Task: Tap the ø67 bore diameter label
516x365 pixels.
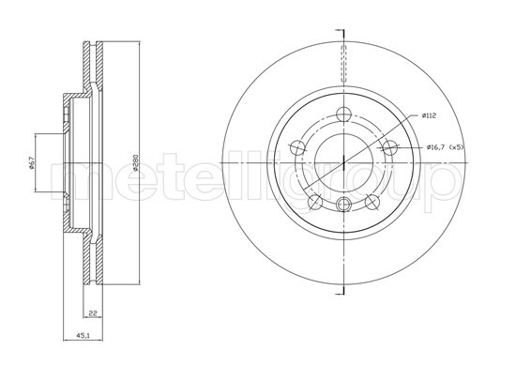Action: (32, 162)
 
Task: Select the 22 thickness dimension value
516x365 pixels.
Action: (93, 313)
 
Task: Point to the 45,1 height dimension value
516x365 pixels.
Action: (83, 335)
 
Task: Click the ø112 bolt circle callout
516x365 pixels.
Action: (429, 115)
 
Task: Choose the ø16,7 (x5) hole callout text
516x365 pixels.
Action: (445, 147)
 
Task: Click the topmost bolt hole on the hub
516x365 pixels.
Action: (344, 114)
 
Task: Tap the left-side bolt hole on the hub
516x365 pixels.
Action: (298, 146)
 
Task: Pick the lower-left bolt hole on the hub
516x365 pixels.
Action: (315, 202)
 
